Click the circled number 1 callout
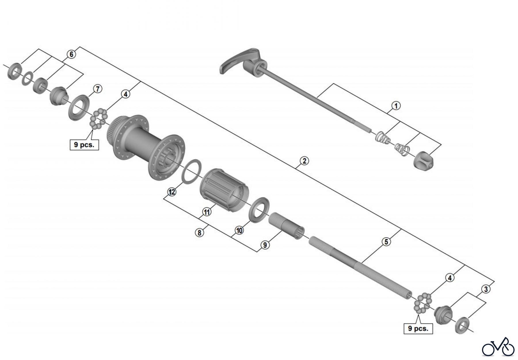(x=396, y=106)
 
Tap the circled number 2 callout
(x=304, y=161)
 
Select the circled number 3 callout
(x=486, y=289)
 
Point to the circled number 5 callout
(x=386, y=242)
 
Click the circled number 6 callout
(x=71, y=54)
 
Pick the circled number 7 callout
(x=98, y=89)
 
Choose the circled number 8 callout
(x=199, y=232)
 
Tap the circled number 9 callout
(x=265, y=245)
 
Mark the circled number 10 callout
(x=239, y=230)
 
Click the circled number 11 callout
(x=207, y=212)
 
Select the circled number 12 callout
(x=172, y=192)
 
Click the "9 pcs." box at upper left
(x=84, y=145)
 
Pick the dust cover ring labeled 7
(x=78, y=107)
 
